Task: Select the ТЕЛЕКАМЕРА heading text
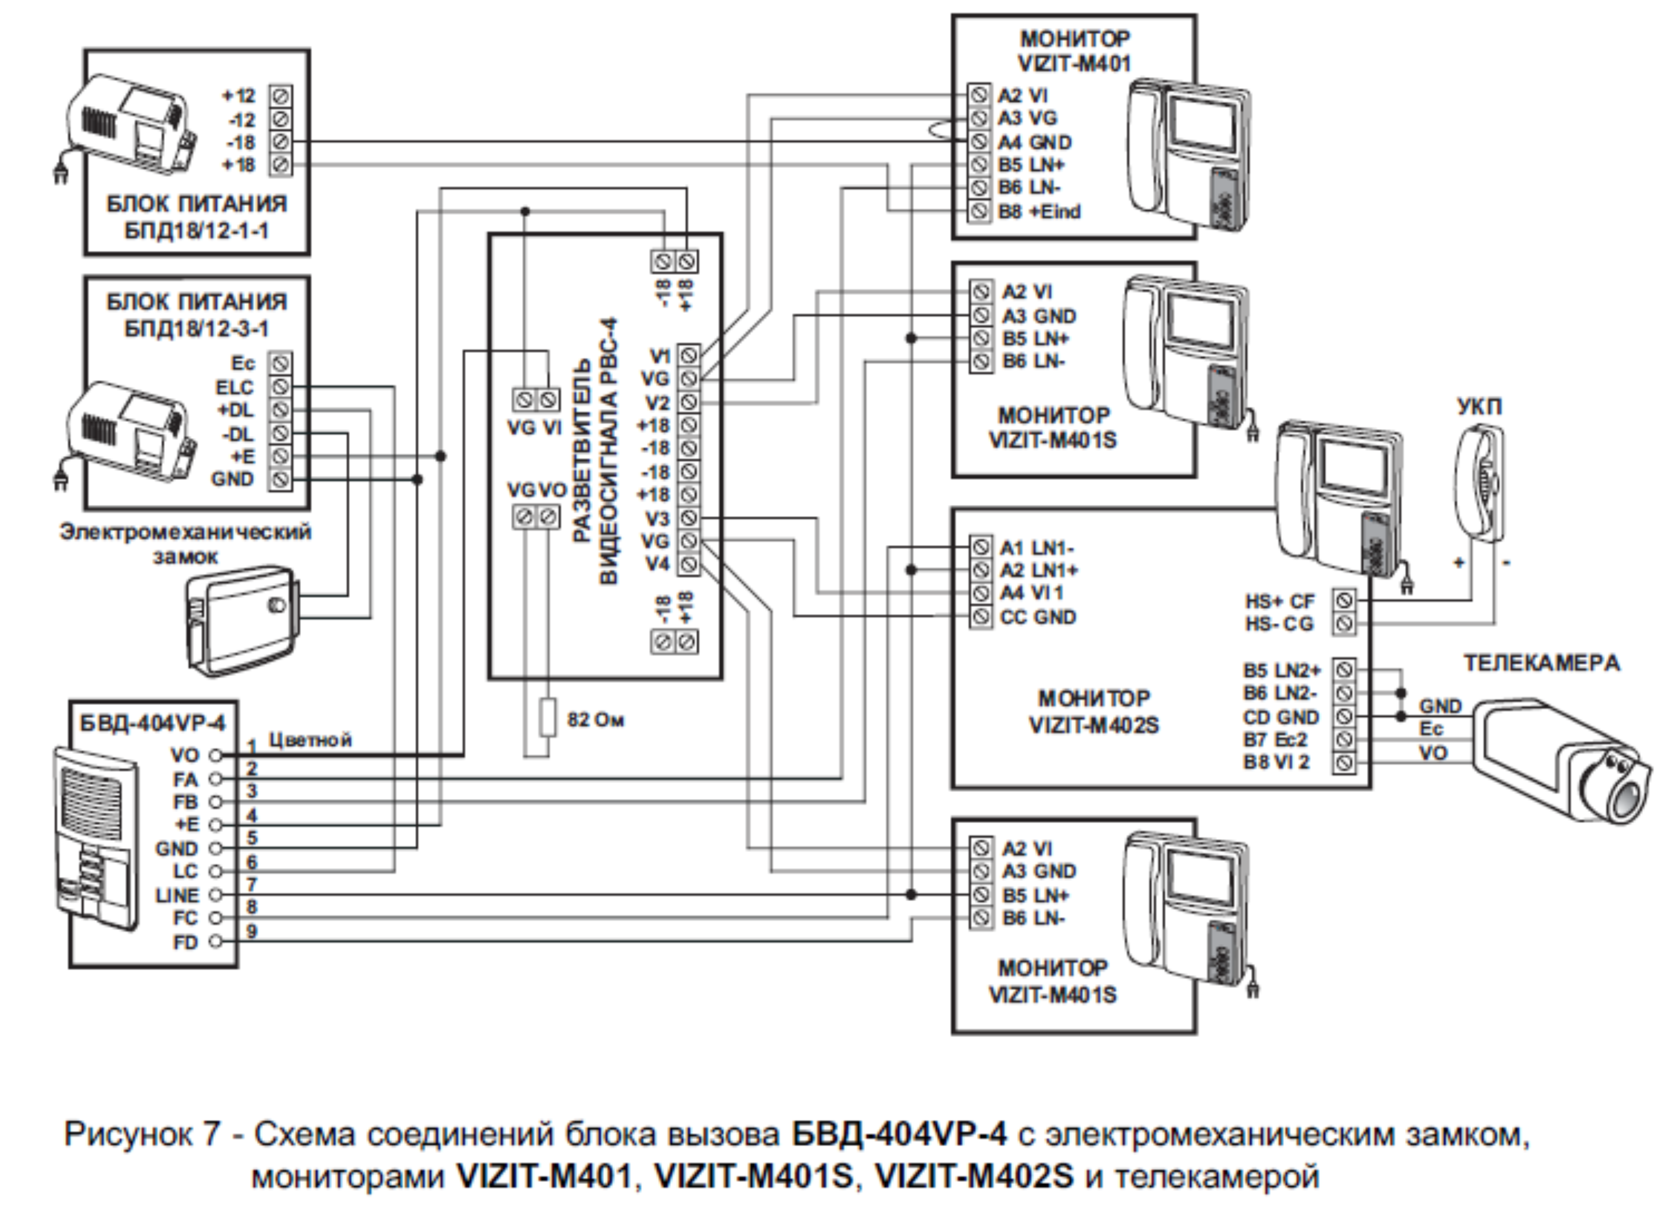pyautogui.click(x=1542, y=663)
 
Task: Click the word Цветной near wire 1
pyautogui.click(x=310, y=740)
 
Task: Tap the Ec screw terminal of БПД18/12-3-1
pyautogui.click(x=280, y=364)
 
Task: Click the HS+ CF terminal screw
pyautogui.click(x=1344, y=601)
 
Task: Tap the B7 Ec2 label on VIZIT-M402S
pyautogui.click(x=1276, y=740)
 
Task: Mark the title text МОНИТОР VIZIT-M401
pyautogui.click(x=1075, y=51)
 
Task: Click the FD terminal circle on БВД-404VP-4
pyautogui.click(x=215, y=942)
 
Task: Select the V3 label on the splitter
pyautogui.click(x=657, y=518)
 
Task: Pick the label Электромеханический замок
pyautogui.click(x=185, y=543)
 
